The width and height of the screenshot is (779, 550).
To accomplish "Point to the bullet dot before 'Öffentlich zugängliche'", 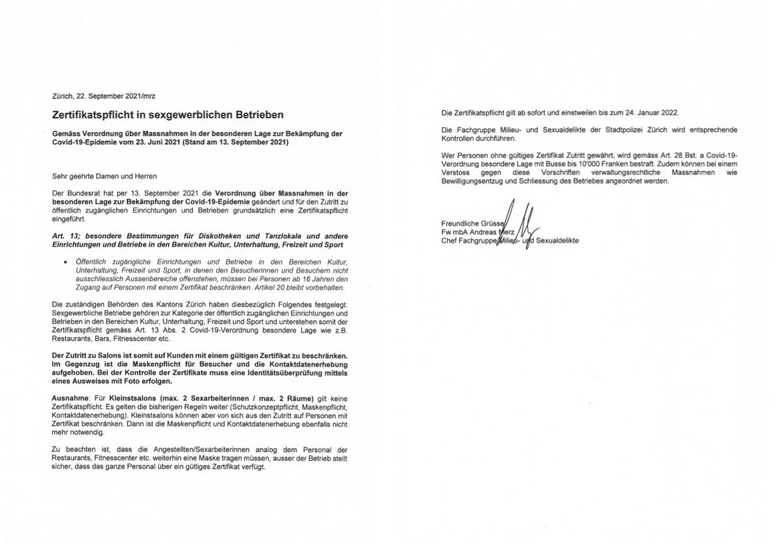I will pyautogui.click(x=66, y=262).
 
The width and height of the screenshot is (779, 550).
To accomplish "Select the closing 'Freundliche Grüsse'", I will pyautogui.click(x=471, y=223).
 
